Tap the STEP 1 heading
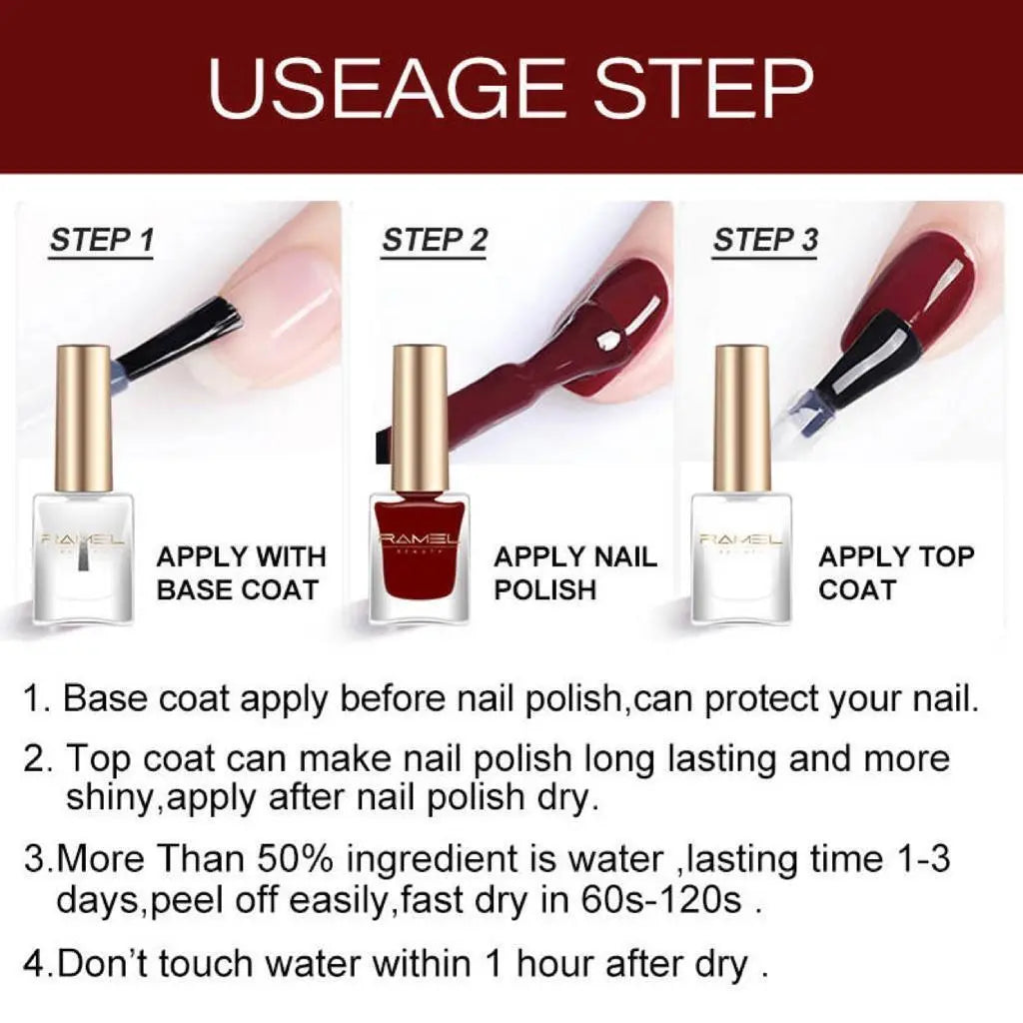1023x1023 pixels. click(102, 241)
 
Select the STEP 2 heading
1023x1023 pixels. click(435, 241)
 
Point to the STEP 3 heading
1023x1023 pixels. click(765, 241)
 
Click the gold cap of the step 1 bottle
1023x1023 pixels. click(83, 418)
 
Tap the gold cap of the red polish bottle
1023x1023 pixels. click(419, 418)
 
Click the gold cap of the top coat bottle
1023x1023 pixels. click(741, 418)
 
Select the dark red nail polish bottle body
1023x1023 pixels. click(419, 559)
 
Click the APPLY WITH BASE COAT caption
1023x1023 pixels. click(241, 572)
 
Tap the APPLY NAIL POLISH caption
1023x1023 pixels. click(575, 572)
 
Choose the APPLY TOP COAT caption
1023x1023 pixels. click(896, 572)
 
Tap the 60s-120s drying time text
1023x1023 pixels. click(660, 900)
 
